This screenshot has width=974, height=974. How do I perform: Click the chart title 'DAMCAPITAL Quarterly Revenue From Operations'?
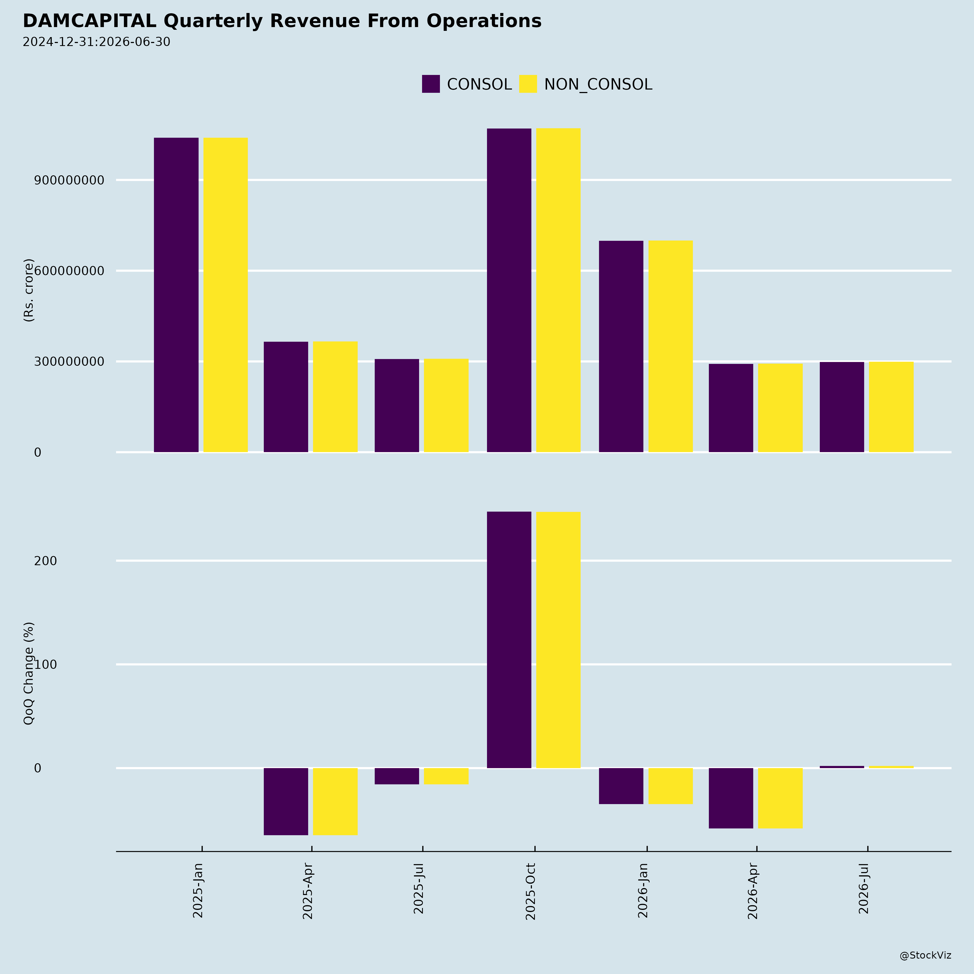[x=282, y=21]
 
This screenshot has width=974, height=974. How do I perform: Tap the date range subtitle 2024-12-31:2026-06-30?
[x=96, y=42]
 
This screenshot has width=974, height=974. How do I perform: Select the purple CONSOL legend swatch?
[x=430, y=84]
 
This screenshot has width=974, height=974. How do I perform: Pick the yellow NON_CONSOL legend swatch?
[x=528, y=84]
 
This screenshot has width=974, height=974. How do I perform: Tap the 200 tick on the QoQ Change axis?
[x=45, y=561]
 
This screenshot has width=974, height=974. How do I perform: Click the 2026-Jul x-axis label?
[x=864, y=888]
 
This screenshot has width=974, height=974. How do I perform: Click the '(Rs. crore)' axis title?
[x=29, y=290]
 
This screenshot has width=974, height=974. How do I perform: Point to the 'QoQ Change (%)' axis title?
[x=29, y=673]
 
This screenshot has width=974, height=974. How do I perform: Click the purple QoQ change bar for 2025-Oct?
[x=509, y=640]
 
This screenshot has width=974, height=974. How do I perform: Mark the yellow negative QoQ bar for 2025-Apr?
[x=335, y=802]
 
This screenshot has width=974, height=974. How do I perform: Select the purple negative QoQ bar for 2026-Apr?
[x=731, y=798]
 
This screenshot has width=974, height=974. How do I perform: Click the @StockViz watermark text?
[x=926, y=955]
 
